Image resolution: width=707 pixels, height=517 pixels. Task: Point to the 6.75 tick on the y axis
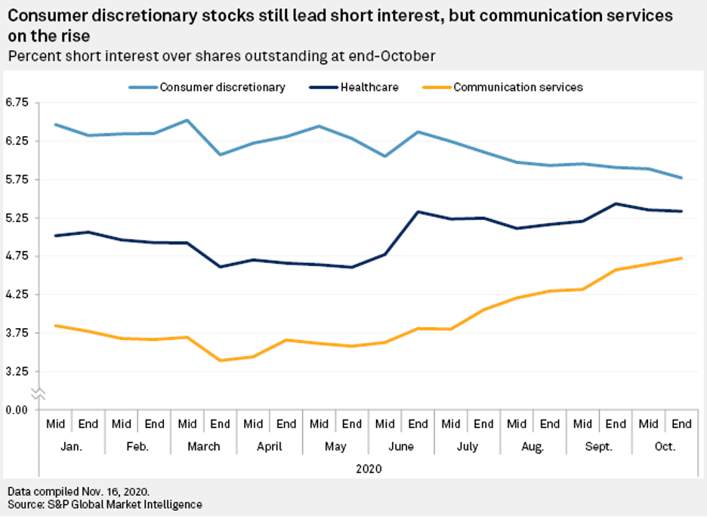tap(16, 102)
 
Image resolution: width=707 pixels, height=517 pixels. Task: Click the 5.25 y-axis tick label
tap(16, 218)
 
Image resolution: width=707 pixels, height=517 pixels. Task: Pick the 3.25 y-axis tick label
tap(16, 371)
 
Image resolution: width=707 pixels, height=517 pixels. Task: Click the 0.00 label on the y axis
tap(16, 410)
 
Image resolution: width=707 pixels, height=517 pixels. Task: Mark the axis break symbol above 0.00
tap(39, 393)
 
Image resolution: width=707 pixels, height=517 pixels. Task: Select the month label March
tap(203, 446)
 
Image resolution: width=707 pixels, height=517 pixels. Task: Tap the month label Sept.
tap(599, 446)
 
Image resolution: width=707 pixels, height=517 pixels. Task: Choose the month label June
tap(401, 446)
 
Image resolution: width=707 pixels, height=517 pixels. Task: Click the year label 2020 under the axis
tap(368, 469)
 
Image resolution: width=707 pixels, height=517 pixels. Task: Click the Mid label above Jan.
tap(55, 424)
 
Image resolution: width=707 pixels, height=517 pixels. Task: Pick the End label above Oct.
tap(682, 424)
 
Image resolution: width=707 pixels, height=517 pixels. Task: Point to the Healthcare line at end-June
tap(418, 212)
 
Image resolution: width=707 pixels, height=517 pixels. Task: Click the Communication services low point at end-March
tap(220, 361)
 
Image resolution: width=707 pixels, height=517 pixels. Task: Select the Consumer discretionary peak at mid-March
tap(187, 120)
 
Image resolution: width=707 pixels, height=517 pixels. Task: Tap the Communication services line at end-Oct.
tap(682, 258)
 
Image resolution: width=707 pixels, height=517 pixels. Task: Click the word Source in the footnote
tap(25, 503)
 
